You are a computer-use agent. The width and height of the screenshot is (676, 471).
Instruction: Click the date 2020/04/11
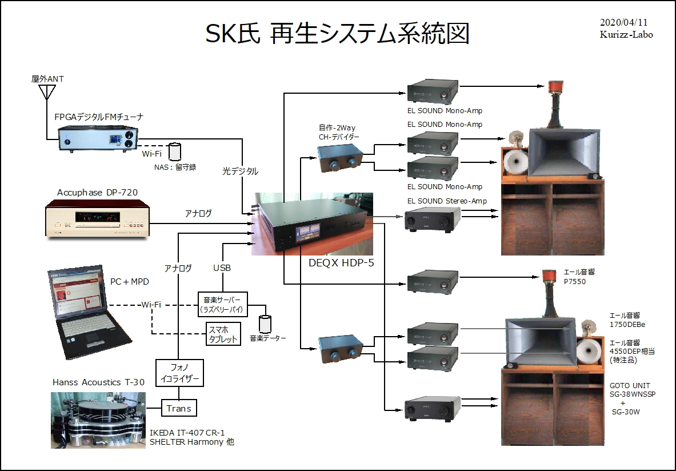click(x=623, y=22)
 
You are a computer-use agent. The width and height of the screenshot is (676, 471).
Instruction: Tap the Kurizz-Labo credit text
click(x=626, y=34)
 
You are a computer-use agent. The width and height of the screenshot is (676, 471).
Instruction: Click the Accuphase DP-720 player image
click(x=97, y=218)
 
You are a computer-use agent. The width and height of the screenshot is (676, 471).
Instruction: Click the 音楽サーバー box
click(x=223, y=304)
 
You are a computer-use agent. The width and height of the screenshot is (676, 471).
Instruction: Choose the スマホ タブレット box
click(x=223, y=333)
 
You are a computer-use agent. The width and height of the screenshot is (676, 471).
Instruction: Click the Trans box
click(x=179, y=408)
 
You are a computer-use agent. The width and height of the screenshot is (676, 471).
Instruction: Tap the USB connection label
click(x=222, y=268)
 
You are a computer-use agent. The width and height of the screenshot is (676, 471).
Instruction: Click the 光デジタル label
click(x=240, y=171)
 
